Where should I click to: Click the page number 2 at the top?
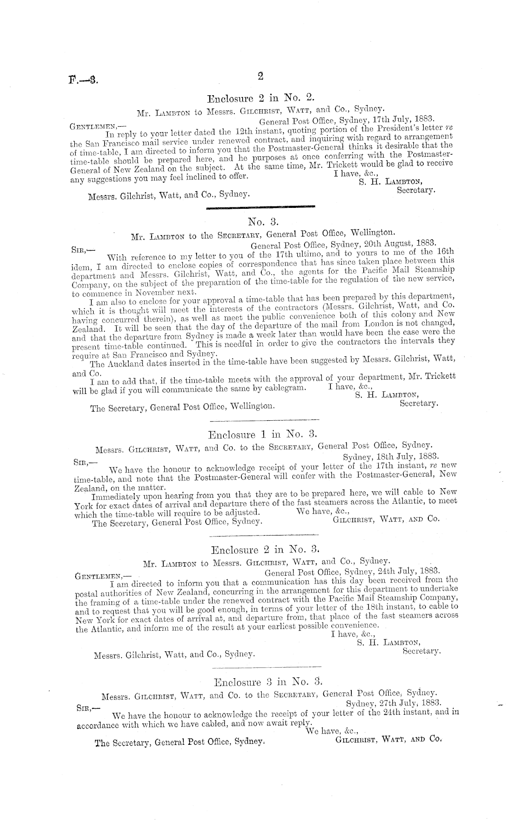[x=261, y=76]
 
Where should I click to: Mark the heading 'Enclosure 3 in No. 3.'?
[x=268, y=682]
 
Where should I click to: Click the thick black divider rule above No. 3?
[x=260, y=208]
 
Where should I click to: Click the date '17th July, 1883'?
[x=403, y=118]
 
